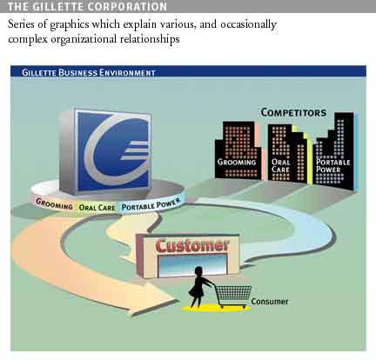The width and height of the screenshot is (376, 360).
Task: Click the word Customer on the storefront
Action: [192, 246]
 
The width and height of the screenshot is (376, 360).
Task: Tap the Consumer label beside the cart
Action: [270, 302]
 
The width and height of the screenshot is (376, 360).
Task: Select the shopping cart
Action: [233, 295]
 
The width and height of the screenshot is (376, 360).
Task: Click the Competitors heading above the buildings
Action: [293, 112]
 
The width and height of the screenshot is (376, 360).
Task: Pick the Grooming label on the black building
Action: [237, 162]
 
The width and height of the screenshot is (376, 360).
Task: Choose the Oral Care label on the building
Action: [280, 166]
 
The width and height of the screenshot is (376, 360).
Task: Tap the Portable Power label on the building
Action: [333, 166]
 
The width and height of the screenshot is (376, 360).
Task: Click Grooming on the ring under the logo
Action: [54, 203]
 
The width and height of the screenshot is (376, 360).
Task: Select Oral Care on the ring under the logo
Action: [97, 208]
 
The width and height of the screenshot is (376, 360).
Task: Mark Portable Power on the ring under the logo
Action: [151, 204]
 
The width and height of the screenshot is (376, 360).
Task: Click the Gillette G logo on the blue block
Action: [116, 150]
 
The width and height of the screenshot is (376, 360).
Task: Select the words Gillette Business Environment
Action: [89, 72]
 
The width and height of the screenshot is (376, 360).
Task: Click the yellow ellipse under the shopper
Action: [215, 308]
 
